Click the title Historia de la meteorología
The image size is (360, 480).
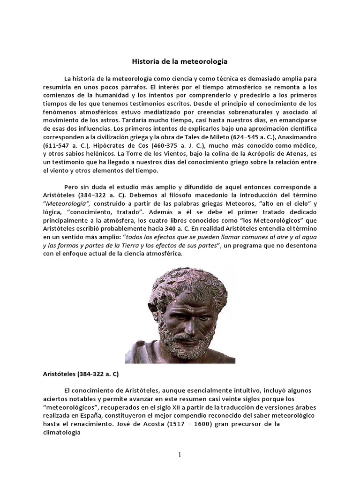click(180, 61)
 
